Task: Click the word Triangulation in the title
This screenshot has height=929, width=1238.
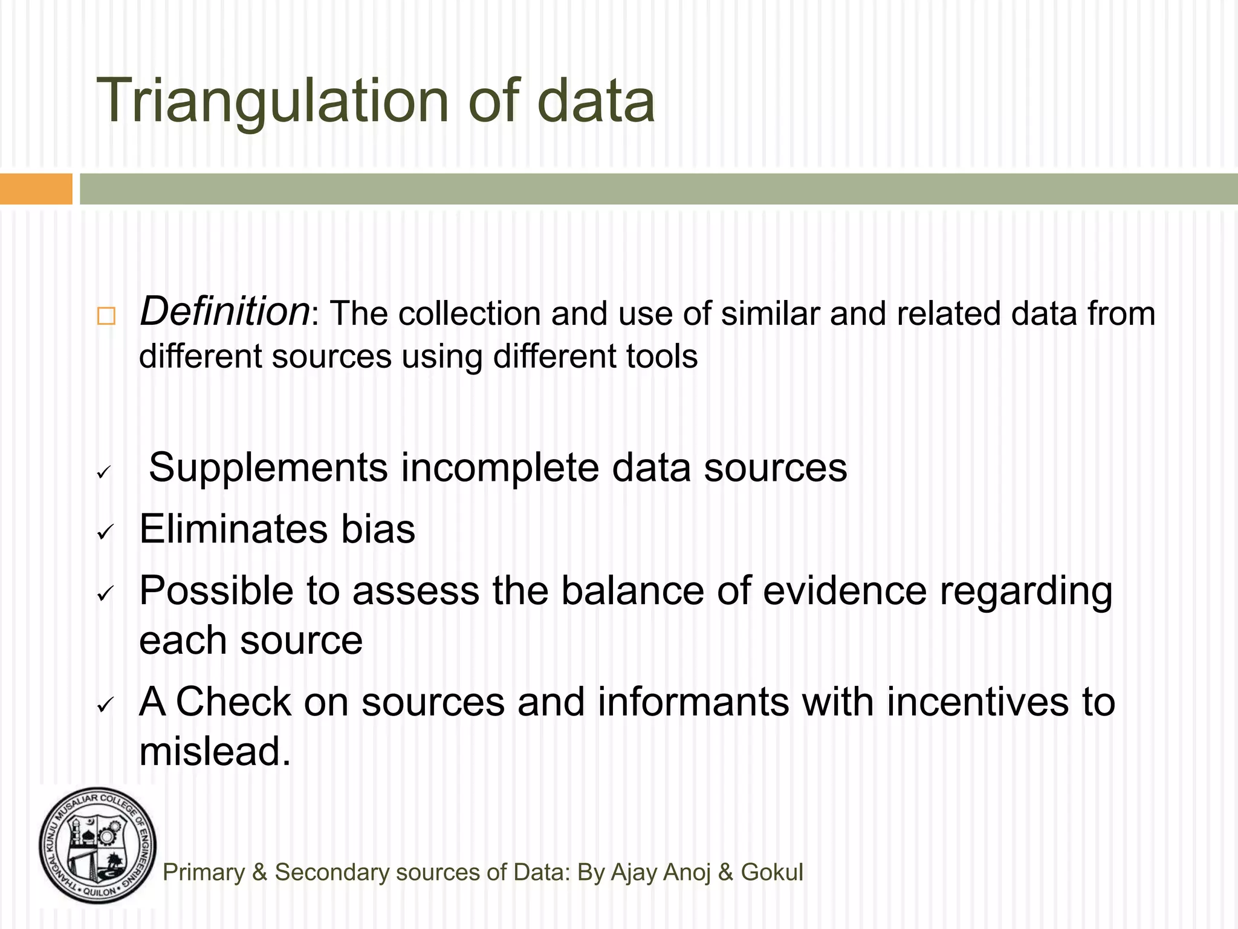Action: [x=273, y=102]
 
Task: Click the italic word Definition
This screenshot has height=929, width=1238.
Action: [x=224, y=311]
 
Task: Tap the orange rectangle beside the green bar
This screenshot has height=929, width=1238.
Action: [x=36, y=189]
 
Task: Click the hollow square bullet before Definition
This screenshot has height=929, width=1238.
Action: [x=106, y=316]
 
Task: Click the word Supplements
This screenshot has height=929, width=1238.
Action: [x=268, y=468]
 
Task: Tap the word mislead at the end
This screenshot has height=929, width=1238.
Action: [x=215, y=751]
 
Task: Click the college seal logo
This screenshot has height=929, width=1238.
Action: [x=98, y=846]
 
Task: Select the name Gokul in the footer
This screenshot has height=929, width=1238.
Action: [x=772, y=872]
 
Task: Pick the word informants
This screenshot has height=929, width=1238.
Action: [x=693, y=702]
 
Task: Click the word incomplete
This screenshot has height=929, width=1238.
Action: [x=499, y=468]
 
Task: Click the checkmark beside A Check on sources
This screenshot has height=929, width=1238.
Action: [x=105, y=705]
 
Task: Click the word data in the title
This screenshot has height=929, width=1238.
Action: [x=595, y=102]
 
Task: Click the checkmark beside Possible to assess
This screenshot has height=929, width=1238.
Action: [x=105, y=594]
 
